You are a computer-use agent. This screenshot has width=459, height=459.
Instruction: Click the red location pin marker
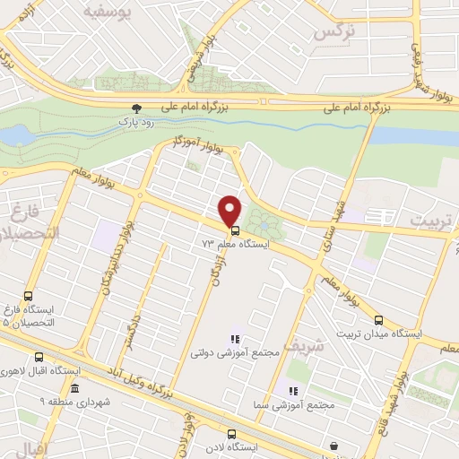pyautogui.click(x=229, y=209)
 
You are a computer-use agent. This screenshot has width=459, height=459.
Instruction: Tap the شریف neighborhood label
pyautogui.click(x=300, y=344)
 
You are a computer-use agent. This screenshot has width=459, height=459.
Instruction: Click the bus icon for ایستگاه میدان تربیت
pyautogui.click(x=377, y=319)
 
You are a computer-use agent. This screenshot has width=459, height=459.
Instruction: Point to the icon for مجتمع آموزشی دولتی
pyautogui.click(x=234, y=339)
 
